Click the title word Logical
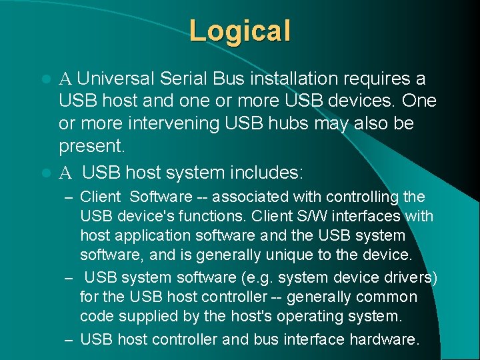pyautogui.click(x=240, y=31)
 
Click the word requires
pyautogui.click(x=381, y=79)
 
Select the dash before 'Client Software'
pyautogui.click(x=68, y=197)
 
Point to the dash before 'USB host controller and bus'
pyautogui.click(x=68, y=339)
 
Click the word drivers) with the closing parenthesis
pyautogui.click(x=413, y=277)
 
